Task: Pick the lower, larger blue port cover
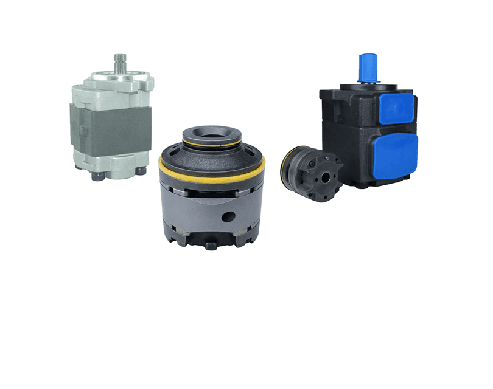click(394, 157)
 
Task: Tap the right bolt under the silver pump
click(141, 171)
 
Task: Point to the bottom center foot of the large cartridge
click(209, 245)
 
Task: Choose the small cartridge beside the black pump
click(312, 174)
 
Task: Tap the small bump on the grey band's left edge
click(71, 128)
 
